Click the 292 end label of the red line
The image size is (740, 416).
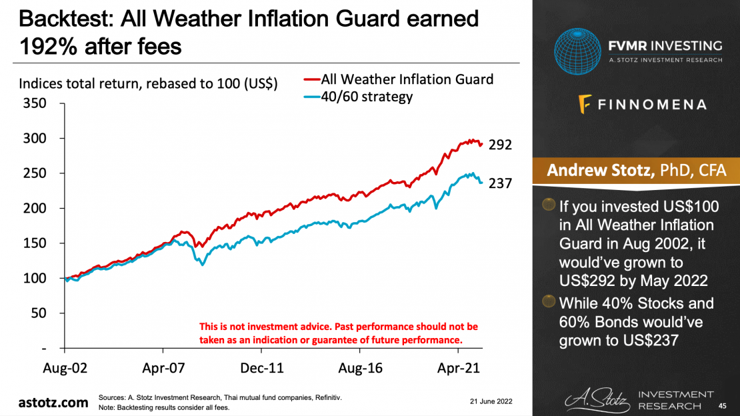click(500, 144)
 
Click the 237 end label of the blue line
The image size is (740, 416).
click(500, 183)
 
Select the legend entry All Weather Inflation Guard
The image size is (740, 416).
click(407, 79)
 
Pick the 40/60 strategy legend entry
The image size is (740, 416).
click(367, 97)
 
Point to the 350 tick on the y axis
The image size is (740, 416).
click(35, 103)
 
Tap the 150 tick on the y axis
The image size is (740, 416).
click(35, 243)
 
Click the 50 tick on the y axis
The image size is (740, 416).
click(39, 313)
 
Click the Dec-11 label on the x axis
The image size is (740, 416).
click(263, 367)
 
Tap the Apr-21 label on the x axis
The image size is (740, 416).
click(459, 367)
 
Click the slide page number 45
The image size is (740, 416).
click(722, 405)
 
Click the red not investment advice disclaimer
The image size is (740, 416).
click(339, 333)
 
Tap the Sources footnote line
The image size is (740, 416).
click(220, 397)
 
